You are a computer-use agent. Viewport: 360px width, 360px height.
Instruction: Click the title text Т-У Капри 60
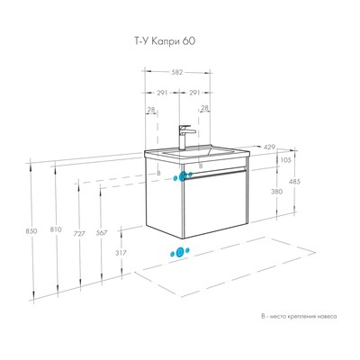click(x=164, y=40)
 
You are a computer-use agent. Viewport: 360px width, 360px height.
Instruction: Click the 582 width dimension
click(x=177, y=72)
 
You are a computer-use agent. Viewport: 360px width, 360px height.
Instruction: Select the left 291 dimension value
click(x=162, y=93)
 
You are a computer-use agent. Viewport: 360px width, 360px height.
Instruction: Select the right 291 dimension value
click(x=194, y=93)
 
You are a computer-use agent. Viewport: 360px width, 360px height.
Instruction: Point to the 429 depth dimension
click(x=269, y=148)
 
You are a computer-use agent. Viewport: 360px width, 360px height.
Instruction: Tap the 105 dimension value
click(x=285, y=160)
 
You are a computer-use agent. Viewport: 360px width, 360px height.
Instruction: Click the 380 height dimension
click(x=276, y=192)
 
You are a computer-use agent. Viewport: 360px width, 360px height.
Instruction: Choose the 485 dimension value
click(x=294, y=182)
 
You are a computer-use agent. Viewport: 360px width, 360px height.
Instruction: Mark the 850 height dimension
click(x=31, y=231)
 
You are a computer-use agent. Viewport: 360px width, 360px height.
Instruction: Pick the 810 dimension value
click(x=56, y=229)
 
